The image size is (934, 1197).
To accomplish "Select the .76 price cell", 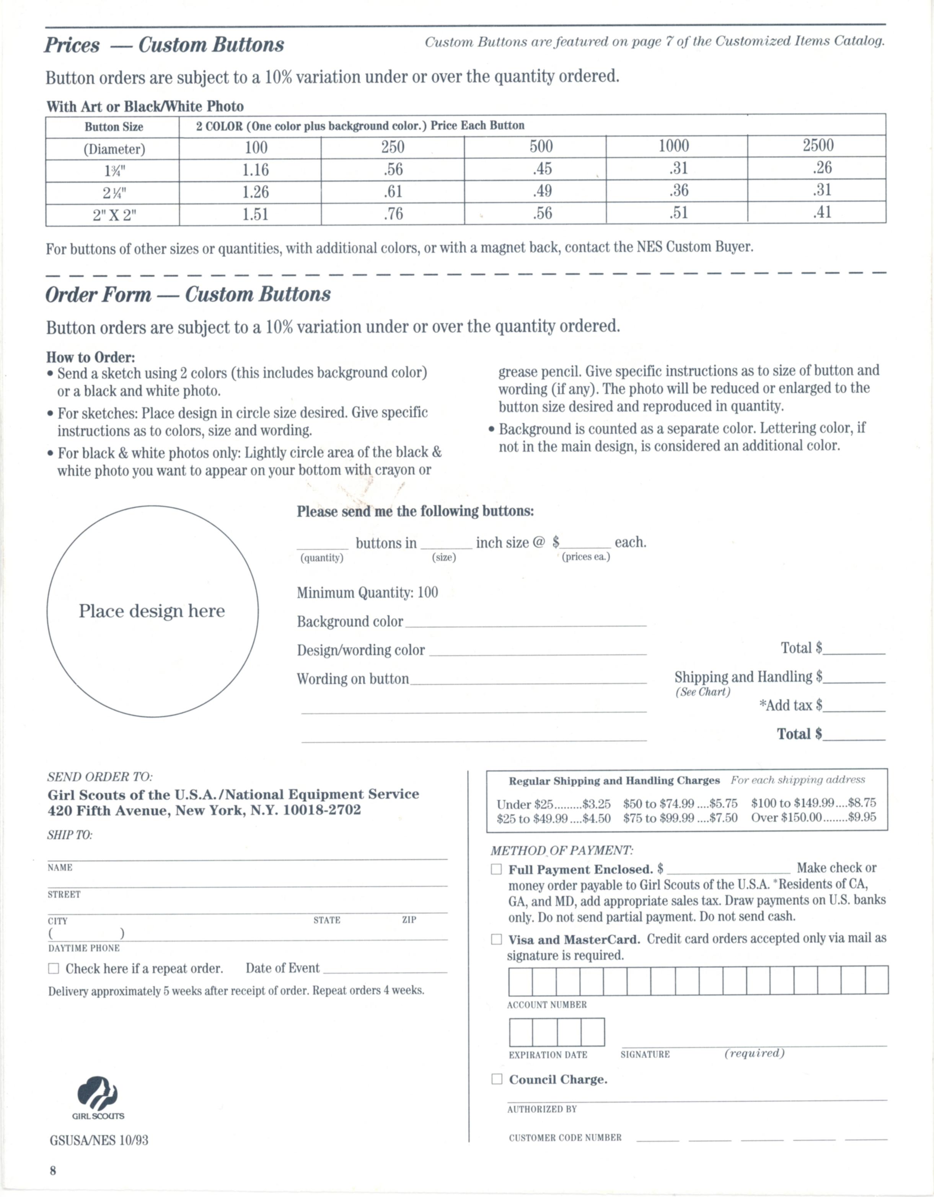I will pos(393,214).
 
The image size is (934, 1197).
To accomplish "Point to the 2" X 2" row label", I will pos(114,215).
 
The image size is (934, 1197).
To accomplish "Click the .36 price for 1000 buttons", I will pos(678,190).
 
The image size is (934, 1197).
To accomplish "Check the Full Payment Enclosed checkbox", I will pos(496,869).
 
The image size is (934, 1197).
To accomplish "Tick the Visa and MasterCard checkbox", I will pos(496,939).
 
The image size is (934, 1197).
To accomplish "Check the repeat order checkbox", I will pos(54,968).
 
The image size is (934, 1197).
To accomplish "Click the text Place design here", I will pos(152,611).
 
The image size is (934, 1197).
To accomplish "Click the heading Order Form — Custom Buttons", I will pos(188,295).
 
